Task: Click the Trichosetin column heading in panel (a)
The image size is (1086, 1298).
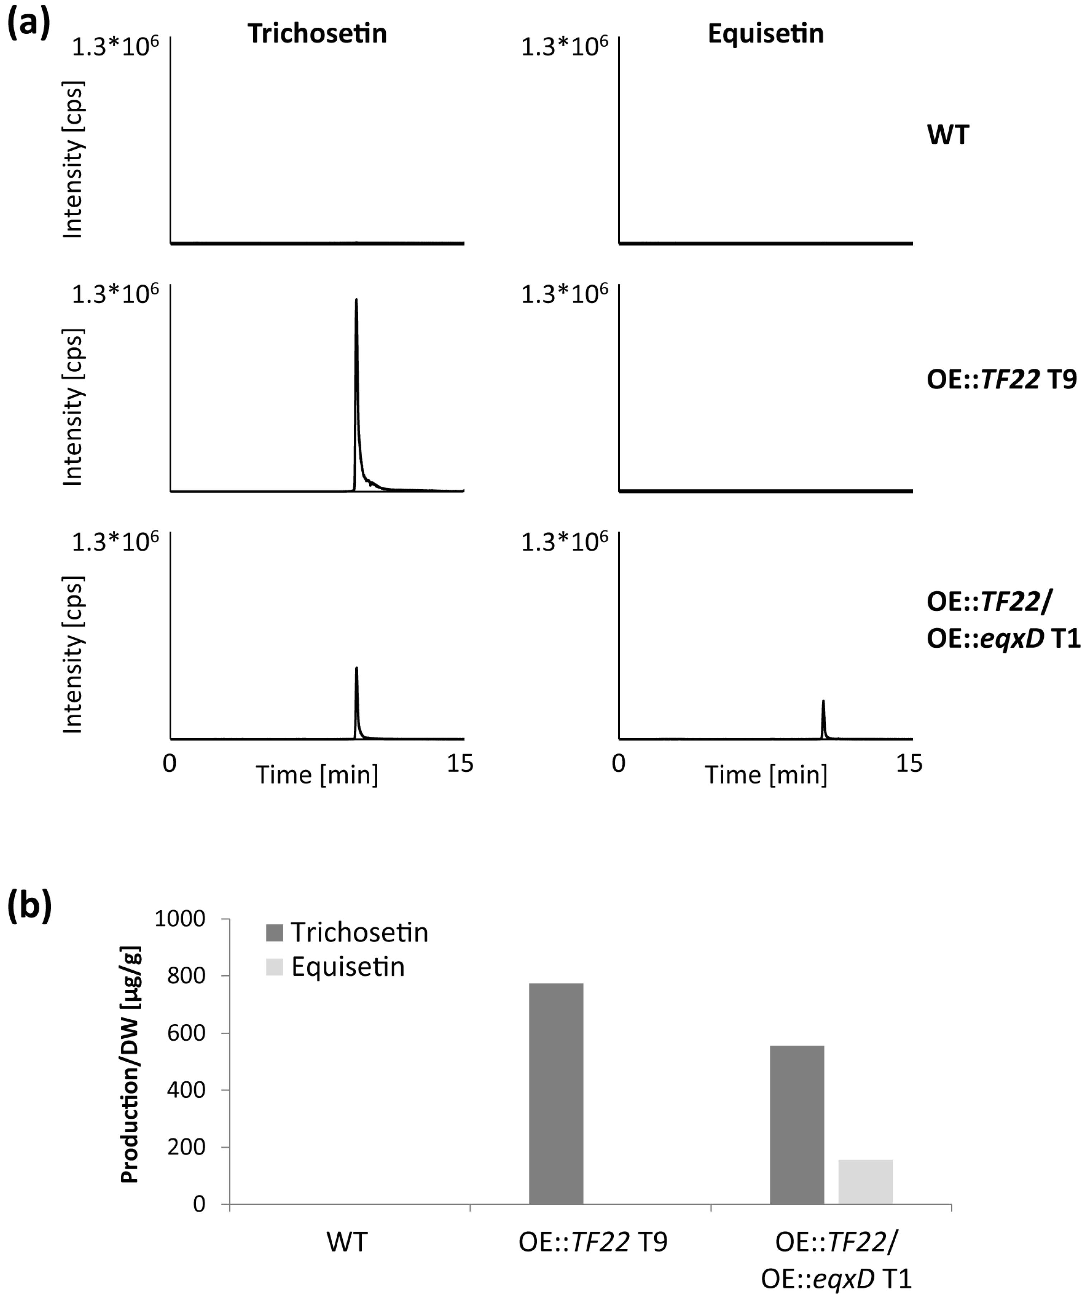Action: pyautogui.click(x=317, y=33)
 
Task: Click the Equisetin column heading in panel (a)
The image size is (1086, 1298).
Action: pyautogui.click(x=765, y=33)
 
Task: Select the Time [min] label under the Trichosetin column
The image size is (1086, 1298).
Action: pyautogui.click(x=317, y=774)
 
